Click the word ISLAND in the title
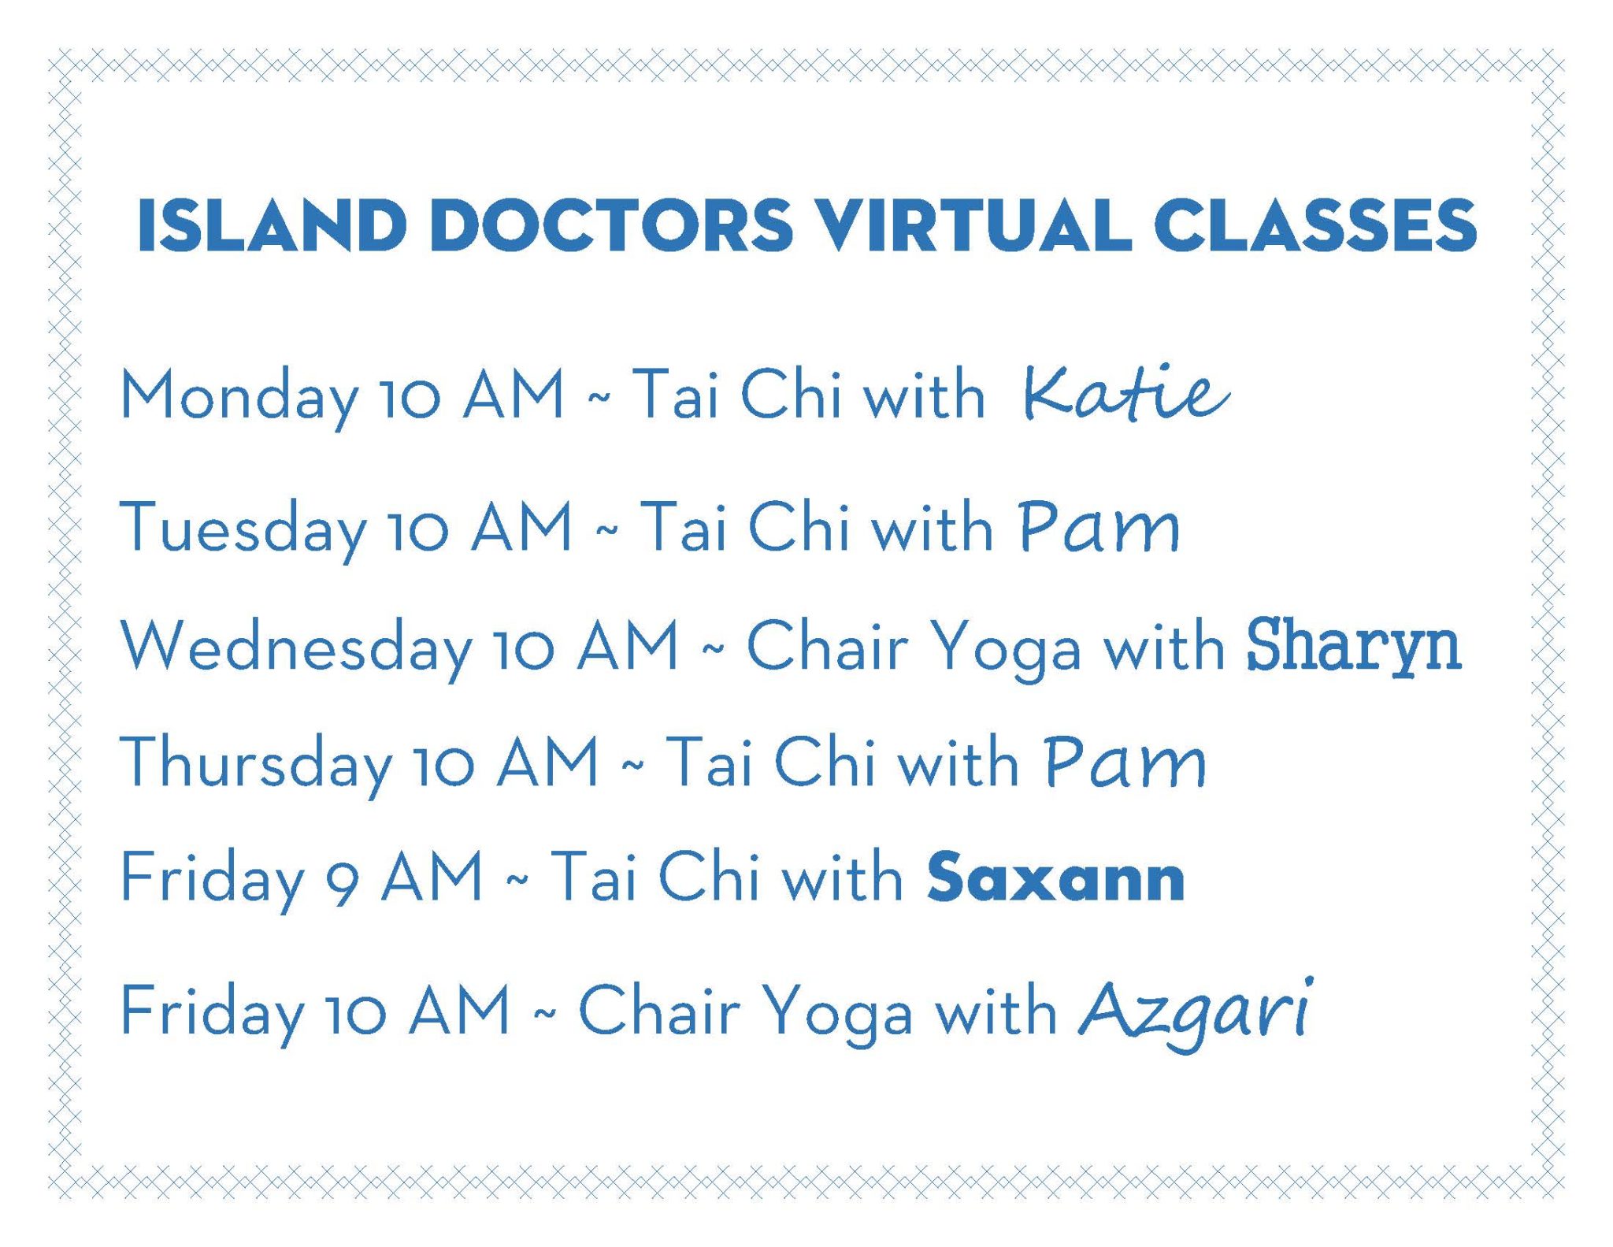pyautogui.click(x=271, y=225)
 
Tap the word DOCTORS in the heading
pyautogui.click(x=611, y=225)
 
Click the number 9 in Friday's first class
pyautogui.click(x=343, y=884)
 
